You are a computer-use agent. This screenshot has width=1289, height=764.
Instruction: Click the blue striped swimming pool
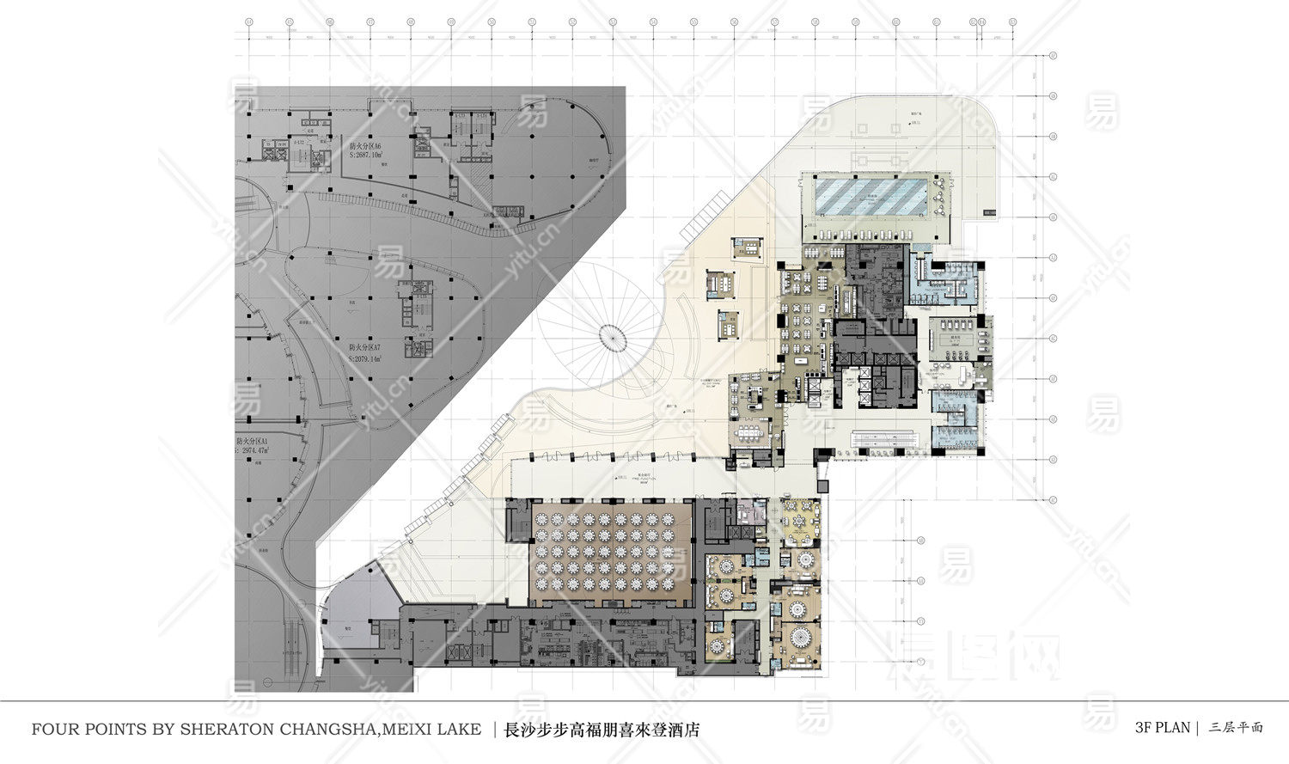[870, 195]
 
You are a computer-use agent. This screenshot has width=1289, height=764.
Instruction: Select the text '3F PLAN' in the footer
[1162, 727]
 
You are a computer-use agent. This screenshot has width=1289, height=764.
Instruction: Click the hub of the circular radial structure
[614, 337]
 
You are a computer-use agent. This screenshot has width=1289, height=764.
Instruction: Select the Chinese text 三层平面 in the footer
[1236, 727]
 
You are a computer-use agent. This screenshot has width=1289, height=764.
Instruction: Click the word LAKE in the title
[459, 729]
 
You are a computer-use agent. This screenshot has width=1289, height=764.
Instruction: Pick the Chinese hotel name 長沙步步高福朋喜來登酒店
[601, 730]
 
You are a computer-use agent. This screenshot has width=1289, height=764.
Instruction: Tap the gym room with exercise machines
[956, 334]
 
